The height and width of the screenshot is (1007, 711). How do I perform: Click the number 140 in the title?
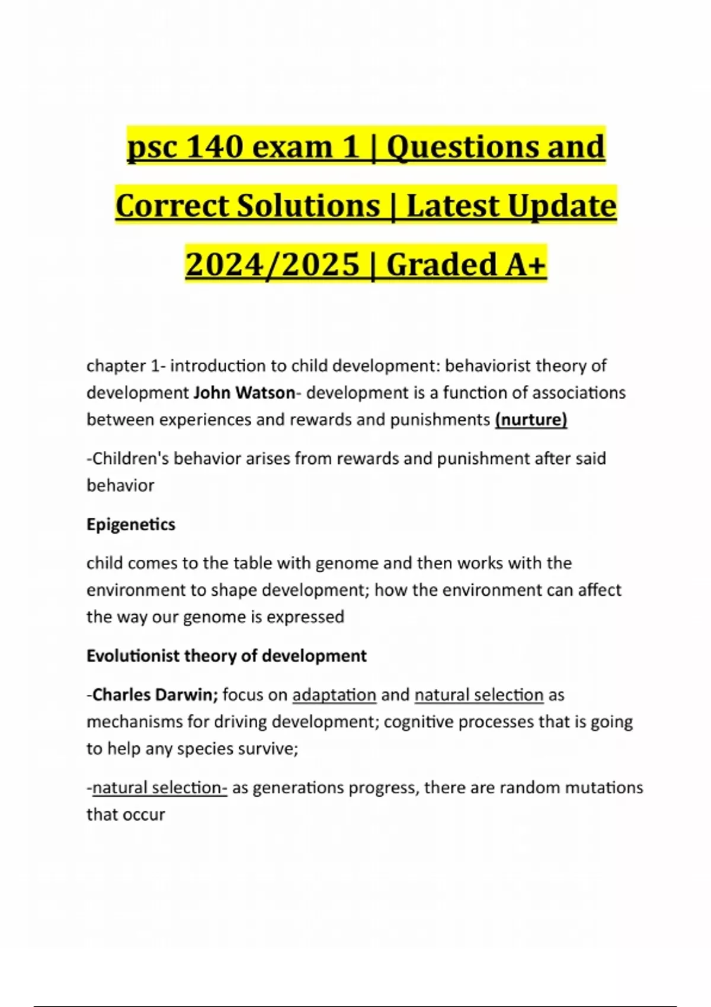[214, 146]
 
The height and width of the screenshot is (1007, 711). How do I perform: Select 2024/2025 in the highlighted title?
[273, 264]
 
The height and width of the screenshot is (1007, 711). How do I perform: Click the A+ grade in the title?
[525, 264]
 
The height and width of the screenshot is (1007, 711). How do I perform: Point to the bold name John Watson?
[244, 393]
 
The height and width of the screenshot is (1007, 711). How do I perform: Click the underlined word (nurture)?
[531, 419]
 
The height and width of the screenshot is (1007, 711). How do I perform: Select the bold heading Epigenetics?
[131, 524]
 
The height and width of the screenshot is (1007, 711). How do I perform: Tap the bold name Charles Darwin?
[155, 694]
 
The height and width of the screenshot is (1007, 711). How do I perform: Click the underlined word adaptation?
[334, 694]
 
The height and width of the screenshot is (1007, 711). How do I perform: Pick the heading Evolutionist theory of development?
[226, 656]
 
